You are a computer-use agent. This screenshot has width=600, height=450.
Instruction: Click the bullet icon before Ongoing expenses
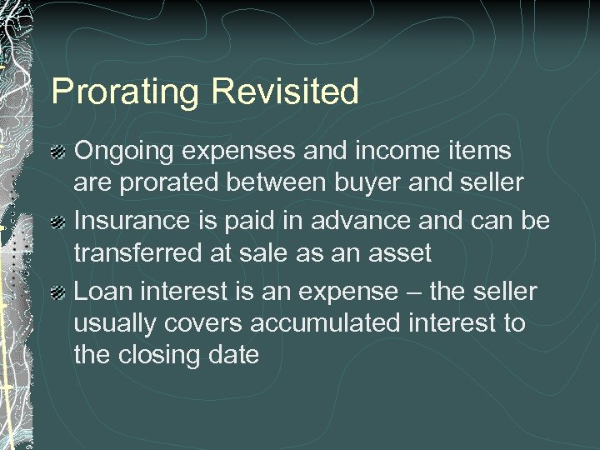pos(60,151)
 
